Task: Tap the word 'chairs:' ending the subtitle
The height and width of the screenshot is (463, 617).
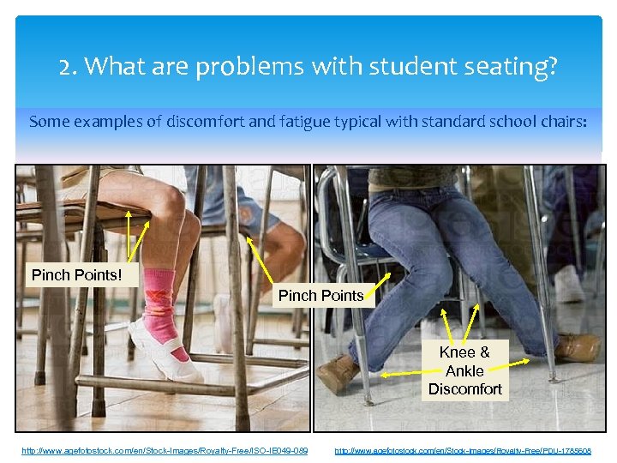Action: pyautogui.click(x=560, y=122)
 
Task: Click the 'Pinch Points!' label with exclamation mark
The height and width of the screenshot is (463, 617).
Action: pyautogui.click(x=76, y=275)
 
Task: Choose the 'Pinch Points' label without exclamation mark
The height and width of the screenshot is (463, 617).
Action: pyautogui.click(x=321, y=296)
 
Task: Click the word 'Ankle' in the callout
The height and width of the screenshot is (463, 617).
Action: pyautogui.click(x=464, y=371)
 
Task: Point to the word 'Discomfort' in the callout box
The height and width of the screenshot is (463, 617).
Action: pyautogui.click(x=464, y=389)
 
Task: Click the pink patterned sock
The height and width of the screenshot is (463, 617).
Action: pyautogui.click(x=159, y=299)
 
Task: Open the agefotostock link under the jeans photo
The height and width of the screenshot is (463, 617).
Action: pyautogui.click(x=462, y=450)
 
